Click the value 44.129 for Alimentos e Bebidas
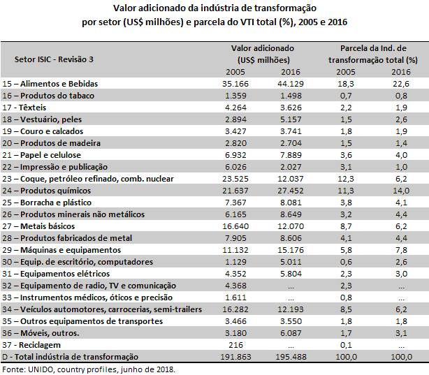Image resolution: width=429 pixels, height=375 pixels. (291, 84)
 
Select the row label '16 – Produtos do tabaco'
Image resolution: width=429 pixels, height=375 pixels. (48, 96)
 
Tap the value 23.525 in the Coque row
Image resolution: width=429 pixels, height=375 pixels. (235, 179)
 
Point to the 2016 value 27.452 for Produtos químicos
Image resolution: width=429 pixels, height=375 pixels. (291, 191)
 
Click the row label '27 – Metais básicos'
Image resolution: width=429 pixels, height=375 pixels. (38, 226)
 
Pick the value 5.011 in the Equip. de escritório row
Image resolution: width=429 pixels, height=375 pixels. (291, 262)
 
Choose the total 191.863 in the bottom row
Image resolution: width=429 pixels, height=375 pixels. (235, 357)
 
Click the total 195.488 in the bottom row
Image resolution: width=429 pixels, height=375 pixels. (291, 357)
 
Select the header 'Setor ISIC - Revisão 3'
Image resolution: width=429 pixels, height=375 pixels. (54, 59)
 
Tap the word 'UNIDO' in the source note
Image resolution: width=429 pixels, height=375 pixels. (41, 369)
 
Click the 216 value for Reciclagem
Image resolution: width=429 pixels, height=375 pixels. (235, 345)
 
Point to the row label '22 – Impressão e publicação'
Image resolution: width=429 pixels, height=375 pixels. (55, 167)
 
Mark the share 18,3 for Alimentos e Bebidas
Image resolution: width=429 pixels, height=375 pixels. (346, 84)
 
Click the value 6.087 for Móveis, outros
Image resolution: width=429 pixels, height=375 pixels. (291, 333)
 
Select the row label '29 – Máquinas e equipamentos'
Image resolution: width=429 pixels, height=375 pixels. (61, 250)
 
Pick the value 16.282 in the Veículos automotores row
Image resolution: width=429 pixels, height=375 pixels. (235, 309)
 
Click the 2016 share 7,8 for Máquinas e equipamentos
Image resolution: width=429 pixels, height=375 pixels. (401, 250)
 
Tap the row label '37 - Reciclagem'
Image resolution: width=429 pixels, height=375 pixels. (31, 345)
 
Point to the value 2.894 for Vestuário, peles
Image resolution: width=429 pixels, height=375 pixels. (235, 119)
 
